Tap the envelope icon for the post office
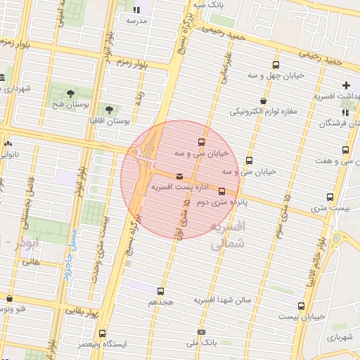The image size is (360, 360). point(180,176)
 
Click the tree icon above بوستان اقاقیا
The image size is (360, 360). point(110,110)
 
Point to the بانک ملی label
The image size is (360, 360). point(202,343)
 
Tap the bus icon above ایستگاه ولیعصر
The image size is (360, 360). point(103,333)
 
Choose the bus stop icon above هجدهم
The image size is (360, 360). point(161,290)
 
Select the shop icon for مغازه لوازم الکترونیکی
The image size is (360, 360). point(263,101)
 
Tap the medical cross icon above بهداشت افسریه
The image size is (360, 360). point(345,85)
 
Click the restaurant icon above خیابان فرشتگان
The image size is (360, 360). point(345,112)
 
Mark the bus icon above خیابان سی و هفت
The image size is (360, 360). point(345,150)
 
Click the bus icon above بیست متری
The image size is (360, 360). point(330,197)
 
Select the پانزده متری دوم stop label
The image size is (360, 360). point(223,202)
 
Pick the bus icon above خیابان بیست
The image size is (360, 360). point(302,306)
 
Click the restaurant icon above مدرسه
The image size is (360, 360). point(136,10)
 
